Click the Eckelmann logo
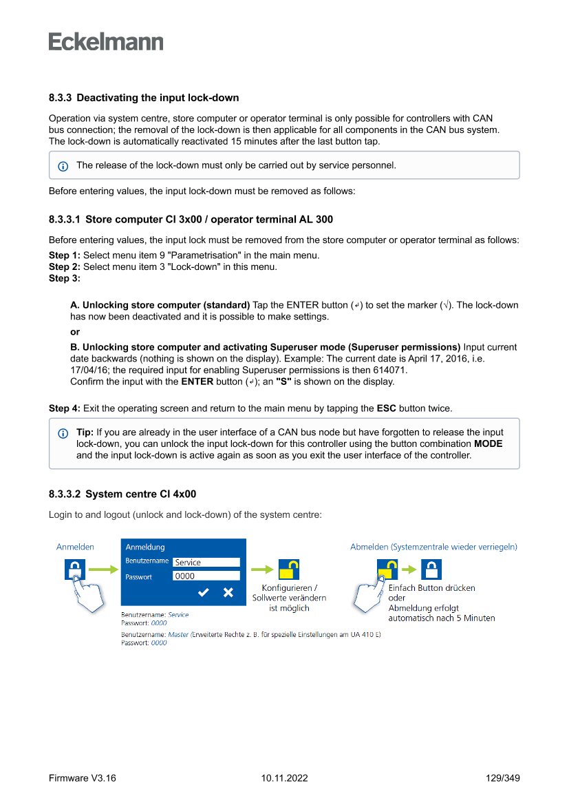click(x=106, y=42)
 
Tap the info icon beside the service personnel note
click(x=63, y=166)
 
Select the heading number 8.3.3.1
click(x=65, y=220)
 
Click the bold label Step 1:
click(x=65, y=255)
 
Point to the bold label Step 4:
click(x=65, y=408)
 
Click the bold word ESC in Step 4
click(x=386, y=408)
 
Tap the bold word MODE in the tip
click(x=488, y=443)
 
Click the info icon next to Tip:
click(x=63, y=433)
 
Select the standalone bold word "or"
click(x=75, y=332)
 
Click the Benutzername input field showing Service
click(x=206, y=562)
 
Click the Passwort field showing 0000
click(x=206, y=576)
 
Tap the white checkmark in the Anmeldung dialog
click(x=204, y=592)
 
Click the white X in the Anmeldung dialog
click(x=228, y=592)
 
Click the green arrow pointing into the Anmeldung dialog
click(x=104, y=570)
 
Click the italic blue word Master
click(x=178, y=634)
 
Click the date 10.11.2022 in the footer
click(x=284, y=778)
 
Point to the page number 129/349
click(x=502, y=778)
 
